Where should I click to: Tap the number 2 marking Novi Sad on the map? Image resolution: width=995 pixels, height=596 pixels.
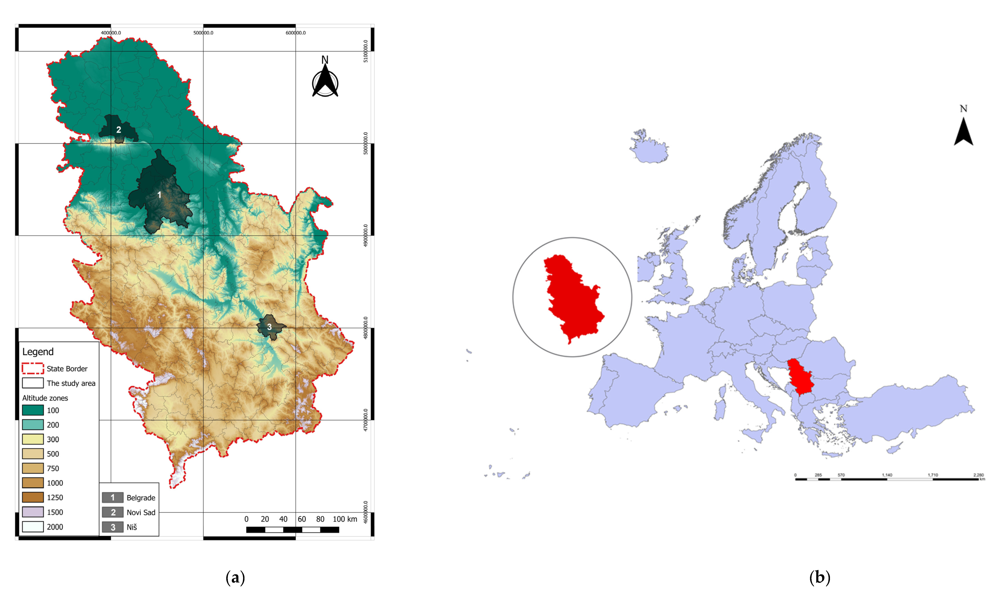118,130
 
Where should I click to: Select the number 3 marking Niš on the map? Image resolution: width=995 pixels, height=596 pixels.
270,327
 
